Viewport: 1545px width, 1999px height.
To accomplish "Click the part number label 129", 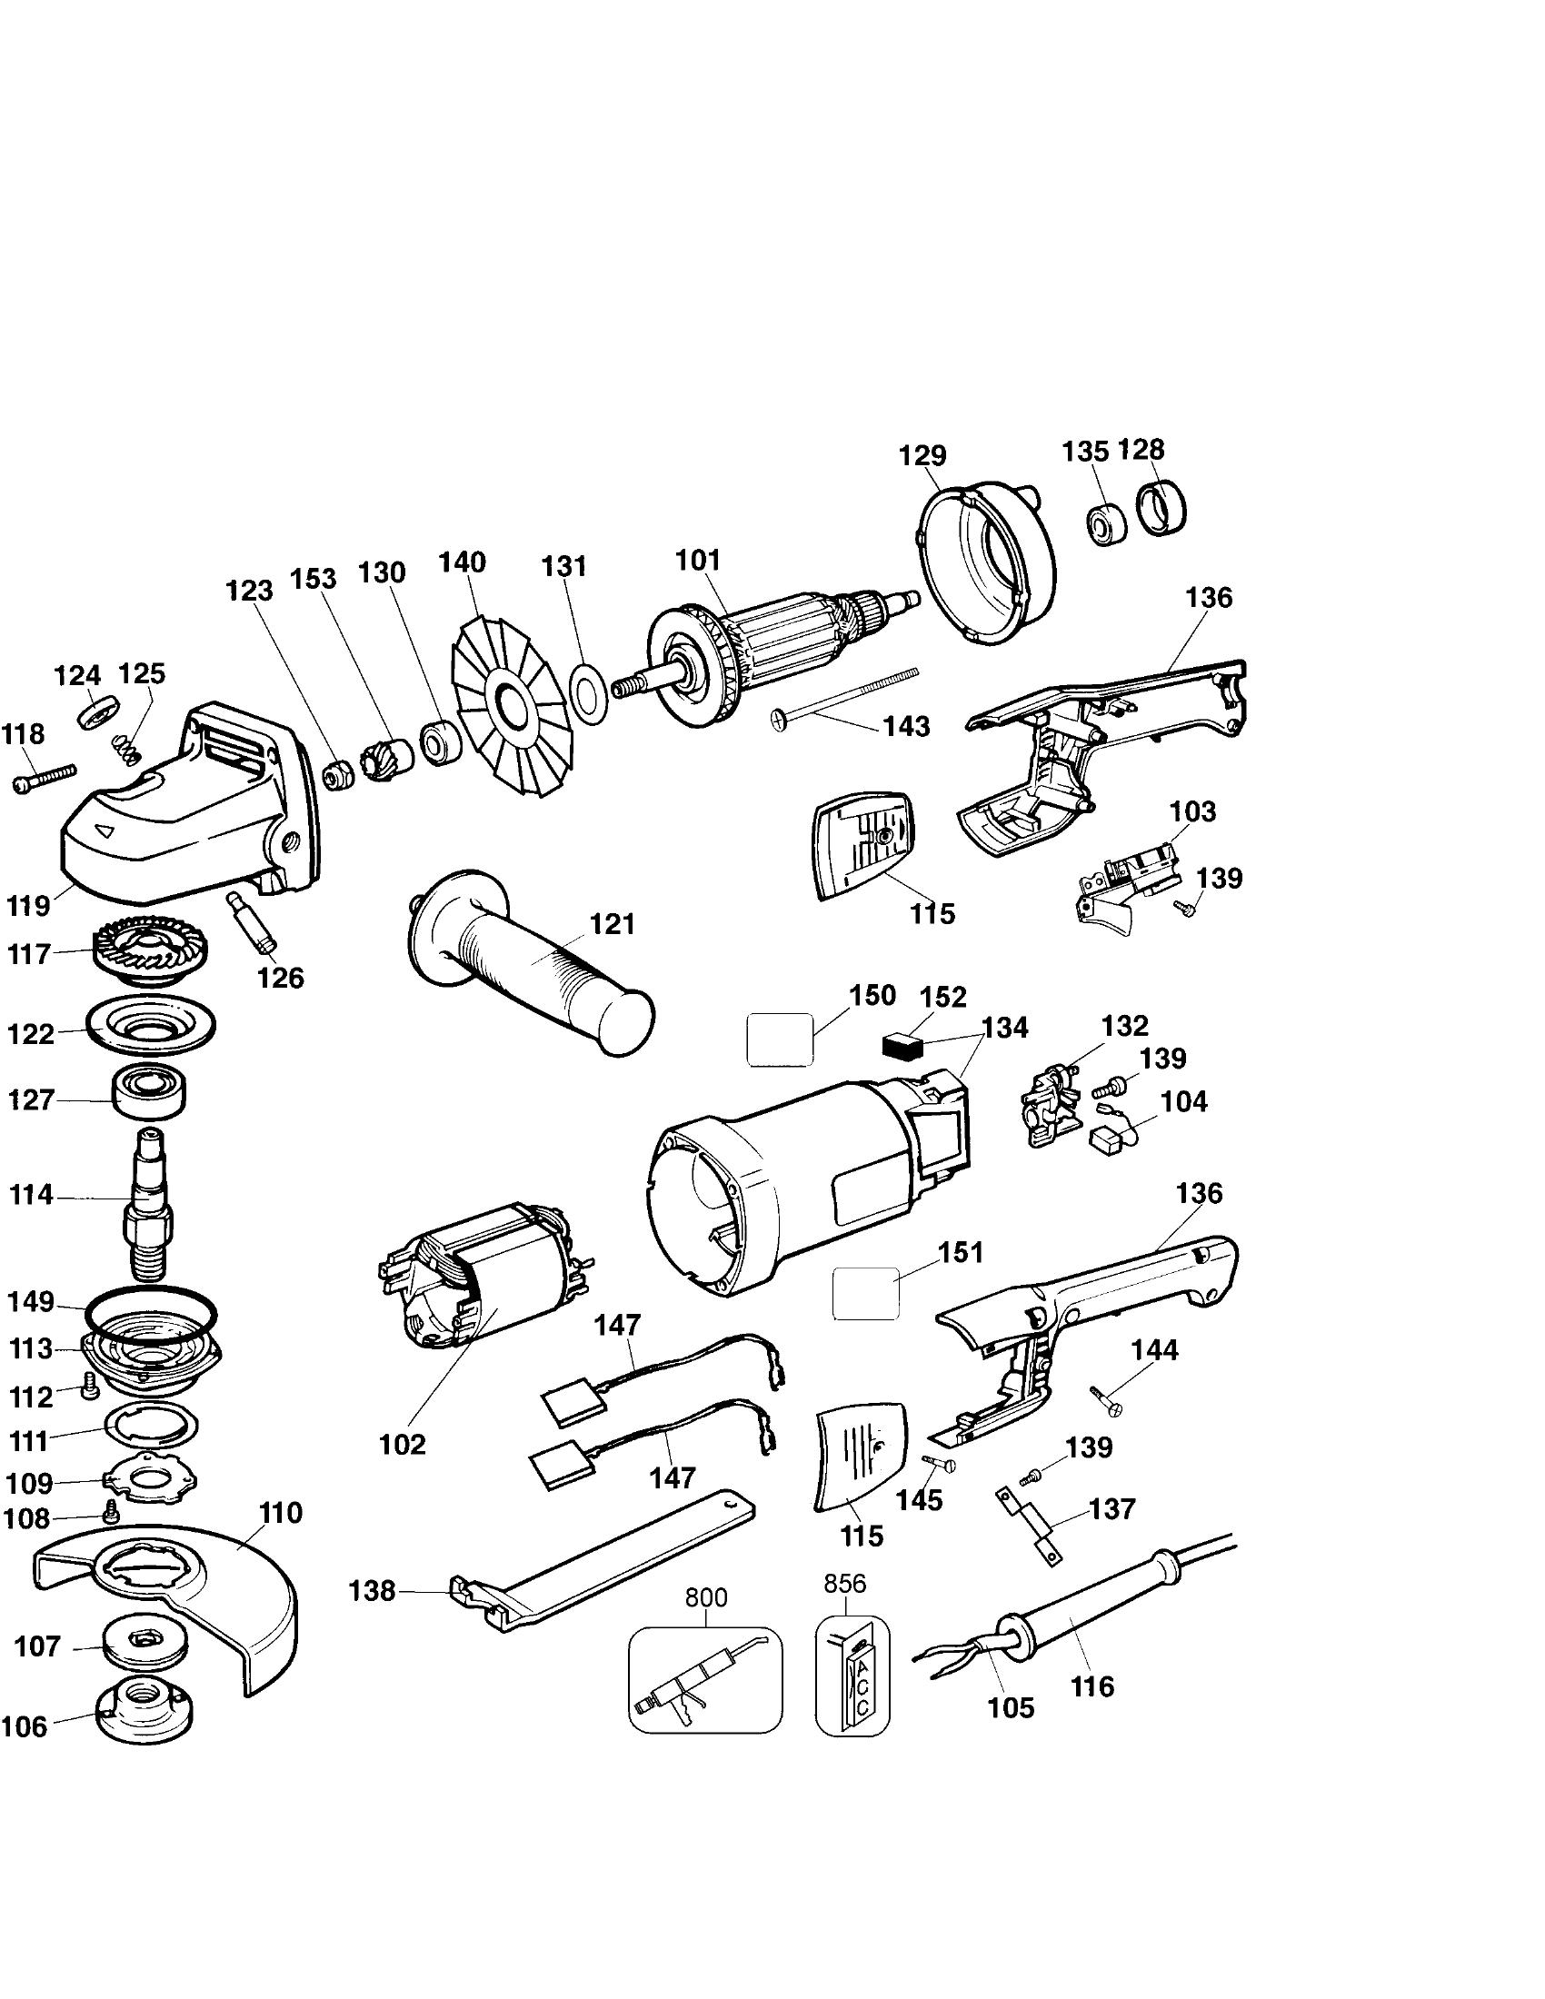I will coord(922,456).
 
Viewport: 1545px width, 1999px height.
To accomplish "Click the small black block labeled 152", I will coord(902,1044).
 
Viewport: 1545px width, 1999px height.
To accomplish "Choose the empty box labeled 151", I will coord(865,1293).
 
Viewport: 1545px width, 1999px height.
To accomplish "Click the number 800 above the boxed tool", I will coord(705,1598).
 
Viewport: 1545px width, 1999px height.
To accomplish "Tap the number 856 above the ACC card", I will coord(844,1585).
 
